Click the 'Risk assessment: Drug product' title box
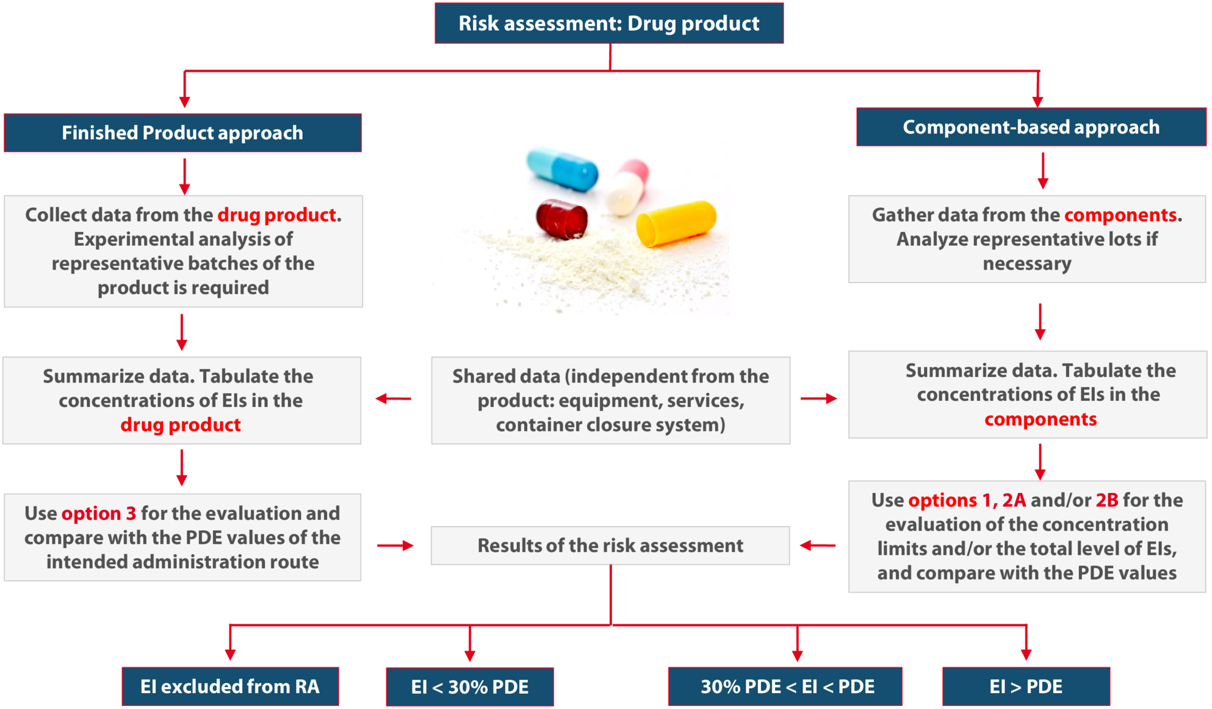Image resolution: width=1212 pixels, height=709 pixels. click(608, 23)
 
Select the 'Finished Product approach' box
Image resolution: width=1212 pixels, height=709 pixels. click(182, 132)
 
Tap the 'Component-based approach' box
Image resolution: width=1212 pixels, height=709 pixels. click(1031, 127)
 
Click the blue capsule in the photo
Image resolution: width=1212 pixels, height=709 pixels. click(563, 169)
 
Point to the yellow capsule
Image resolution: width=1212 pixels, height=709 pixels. click(676, 223)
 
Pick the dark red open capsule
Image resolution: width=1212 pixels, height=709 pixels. click(561, 219)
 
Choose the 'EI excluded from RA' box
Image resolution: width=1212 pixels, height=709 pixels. click(230, 686)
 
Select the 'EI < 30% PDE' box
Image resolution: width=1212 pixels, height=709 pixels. click(469, 687)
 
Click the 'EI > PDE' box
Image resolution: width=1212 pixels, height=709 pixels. click(1025, 686)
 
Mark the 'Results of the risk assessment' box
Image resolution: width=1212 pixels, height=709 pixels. click(610, 545)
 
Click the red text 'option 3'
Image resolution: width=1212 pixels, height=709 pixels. click(99, 513)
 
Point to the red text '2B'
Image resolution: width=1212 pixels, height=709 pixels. click(1106, 500)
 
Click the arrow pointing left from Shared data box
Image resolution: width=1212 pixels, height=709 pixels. click(394, 399)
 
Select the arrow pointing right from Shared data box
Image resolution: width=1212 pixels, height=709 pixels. click(818, 399)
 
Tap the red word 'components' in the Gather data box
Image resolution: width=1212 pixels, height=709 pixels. click(1120, 215)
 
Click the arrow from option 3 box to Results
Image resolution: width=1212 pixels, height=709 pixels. click(395, 545)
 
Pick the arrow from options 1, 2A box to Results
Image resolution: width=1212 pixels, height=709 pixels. click(818, 545)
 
